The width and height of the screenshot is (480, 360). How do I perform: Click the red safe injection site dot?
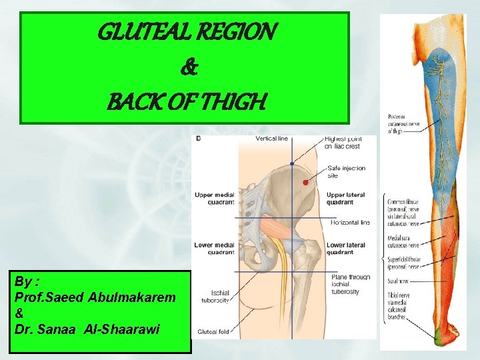(305, 182)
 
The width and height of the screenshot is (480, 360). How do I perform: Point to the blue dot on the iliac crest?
(293, 163)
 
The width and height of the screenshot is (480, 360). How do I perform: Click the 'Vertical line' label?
(272, 139)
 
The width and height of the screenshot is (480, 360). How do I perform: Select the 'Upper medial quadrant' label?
(214, 198)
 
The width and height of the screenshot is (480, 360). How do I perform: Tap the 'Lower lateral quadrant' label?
(345, 249)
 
